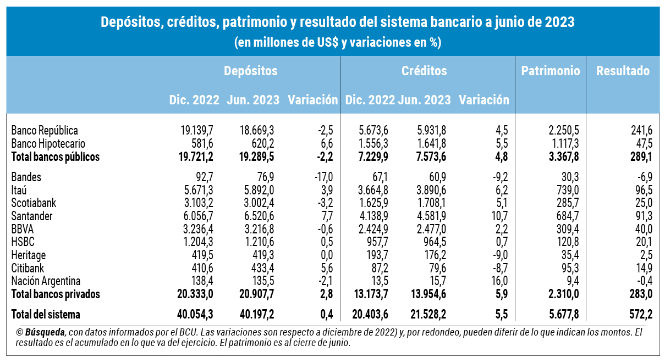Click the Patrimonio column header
pos(551,71)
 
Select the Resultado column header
pos(623,71)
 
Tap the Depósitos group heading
pos(250,71)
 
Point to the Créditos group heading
pos(424,71)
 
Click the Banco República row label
pos(45,131)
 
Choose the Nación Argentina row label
pos(46,281)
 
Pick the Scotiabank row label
pos(34,203)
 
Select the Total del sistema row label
pos(46,315)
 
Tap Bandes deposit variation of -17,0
pos(322,177)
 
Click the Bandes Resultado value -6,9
pos(641,177)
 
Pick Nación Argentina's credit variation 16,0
pos(499,281)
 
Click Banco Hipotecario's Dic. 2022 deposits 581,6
pos(200,144)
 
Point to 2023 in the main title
pos(559,23)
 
